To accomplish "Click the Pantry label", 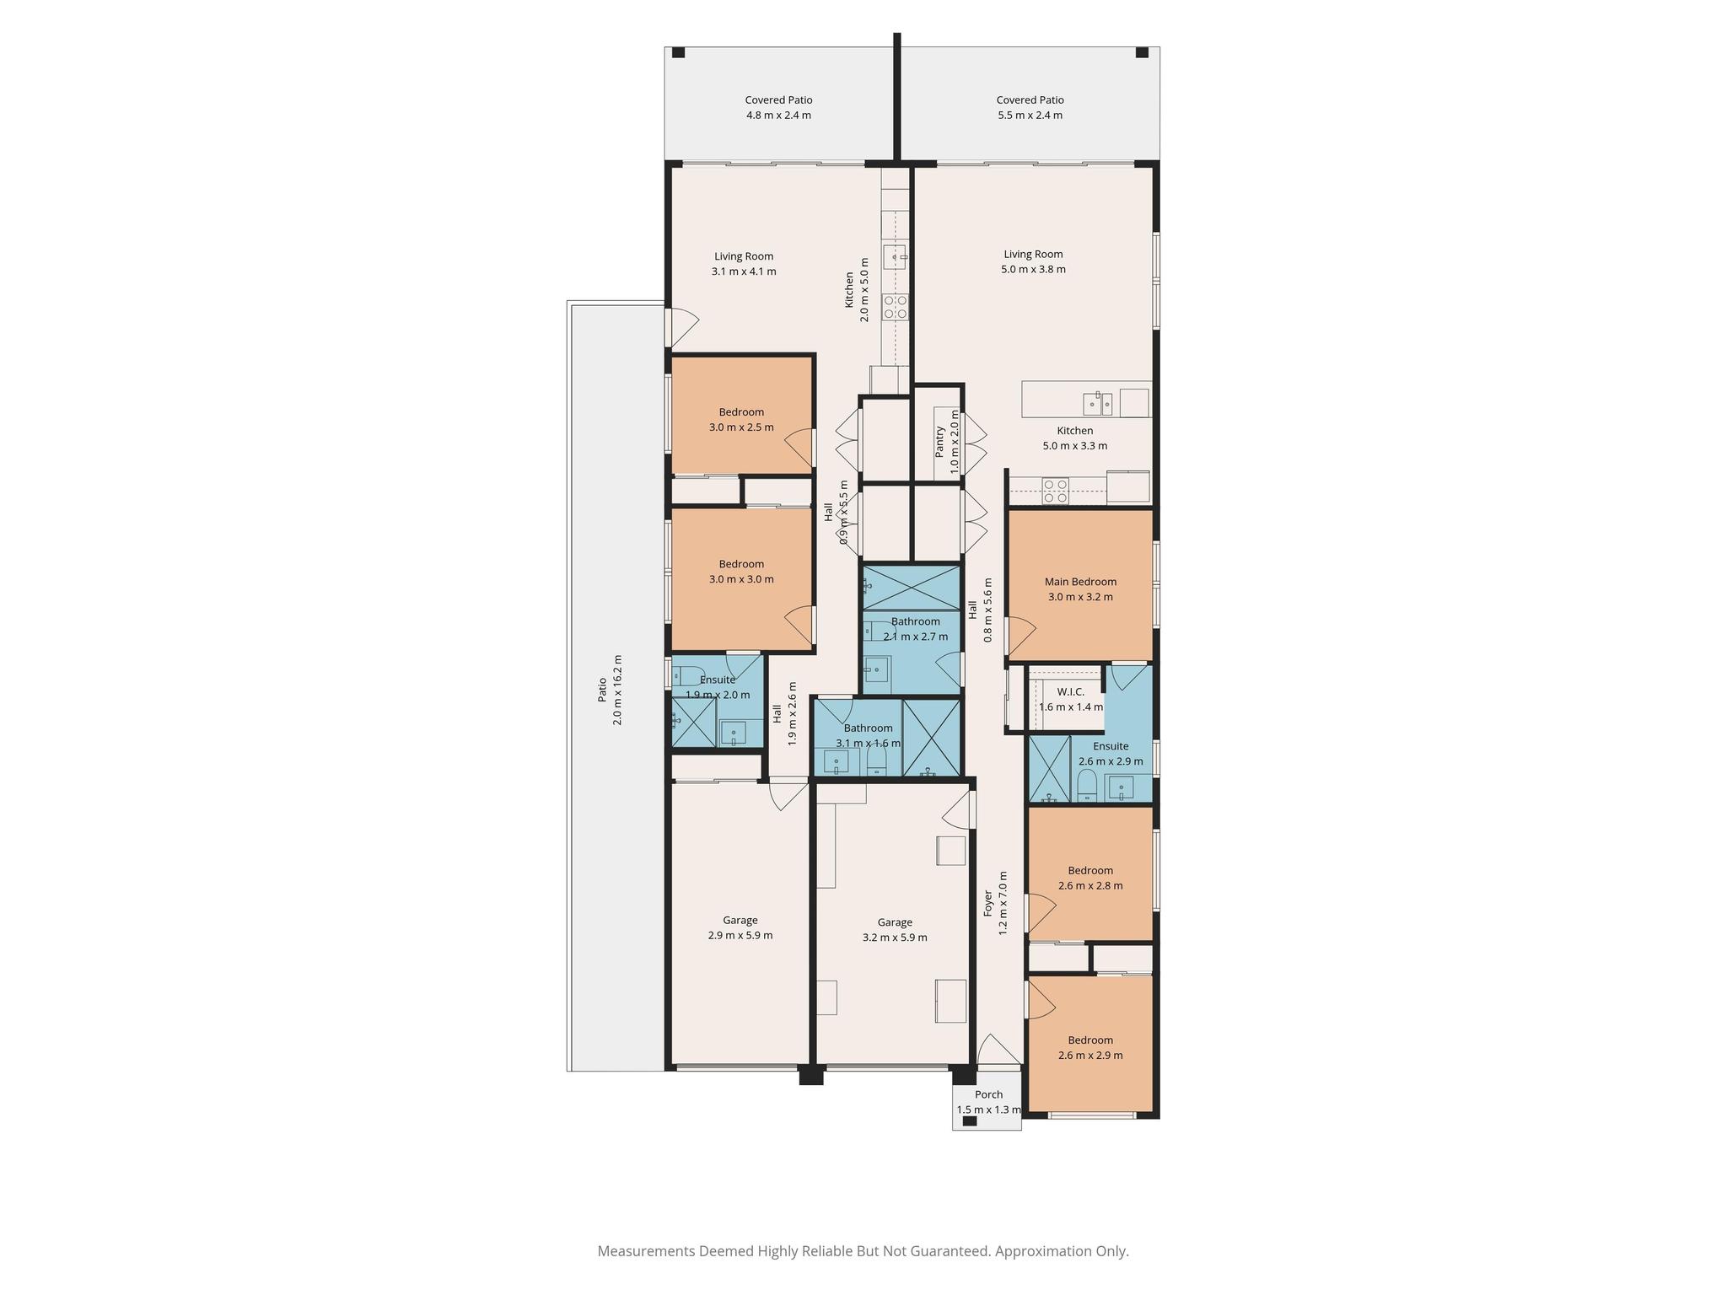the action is [x=939, y=442].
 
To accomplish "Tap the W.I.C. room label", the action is [x=1070, y=691].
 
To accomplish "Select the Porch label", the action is [x=989, y=1094].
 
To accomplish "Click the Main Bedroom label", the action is [x=1080, y=582].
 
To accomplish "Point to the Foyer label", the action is [x=988, y=904].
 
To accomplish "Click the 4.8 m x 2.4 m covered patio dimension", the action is [x=778, y=116].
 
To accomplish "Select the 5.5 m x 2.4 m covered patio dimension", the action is [x=1030, y=116].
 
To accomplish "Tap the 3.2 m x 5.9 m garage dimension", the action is [x=895, y=938].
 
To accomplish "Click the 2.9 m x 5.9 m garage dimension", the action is [x=740, y=935].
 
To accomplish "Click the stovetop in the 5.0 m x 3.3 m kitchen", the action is [x=1056, y=491].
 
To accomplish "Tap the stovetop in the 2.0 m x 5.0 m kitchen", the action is [x=896, y=307].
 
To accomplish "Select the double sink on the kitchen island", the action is [x=1100, y=404].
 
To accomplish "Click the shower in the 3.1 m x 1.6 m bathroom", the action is [x=931, y=738].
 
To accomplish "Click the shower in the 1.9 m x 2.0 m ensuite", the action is [x=693, y=721].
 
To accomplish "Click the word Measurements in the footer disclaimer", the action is [x=646, y=1251].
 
